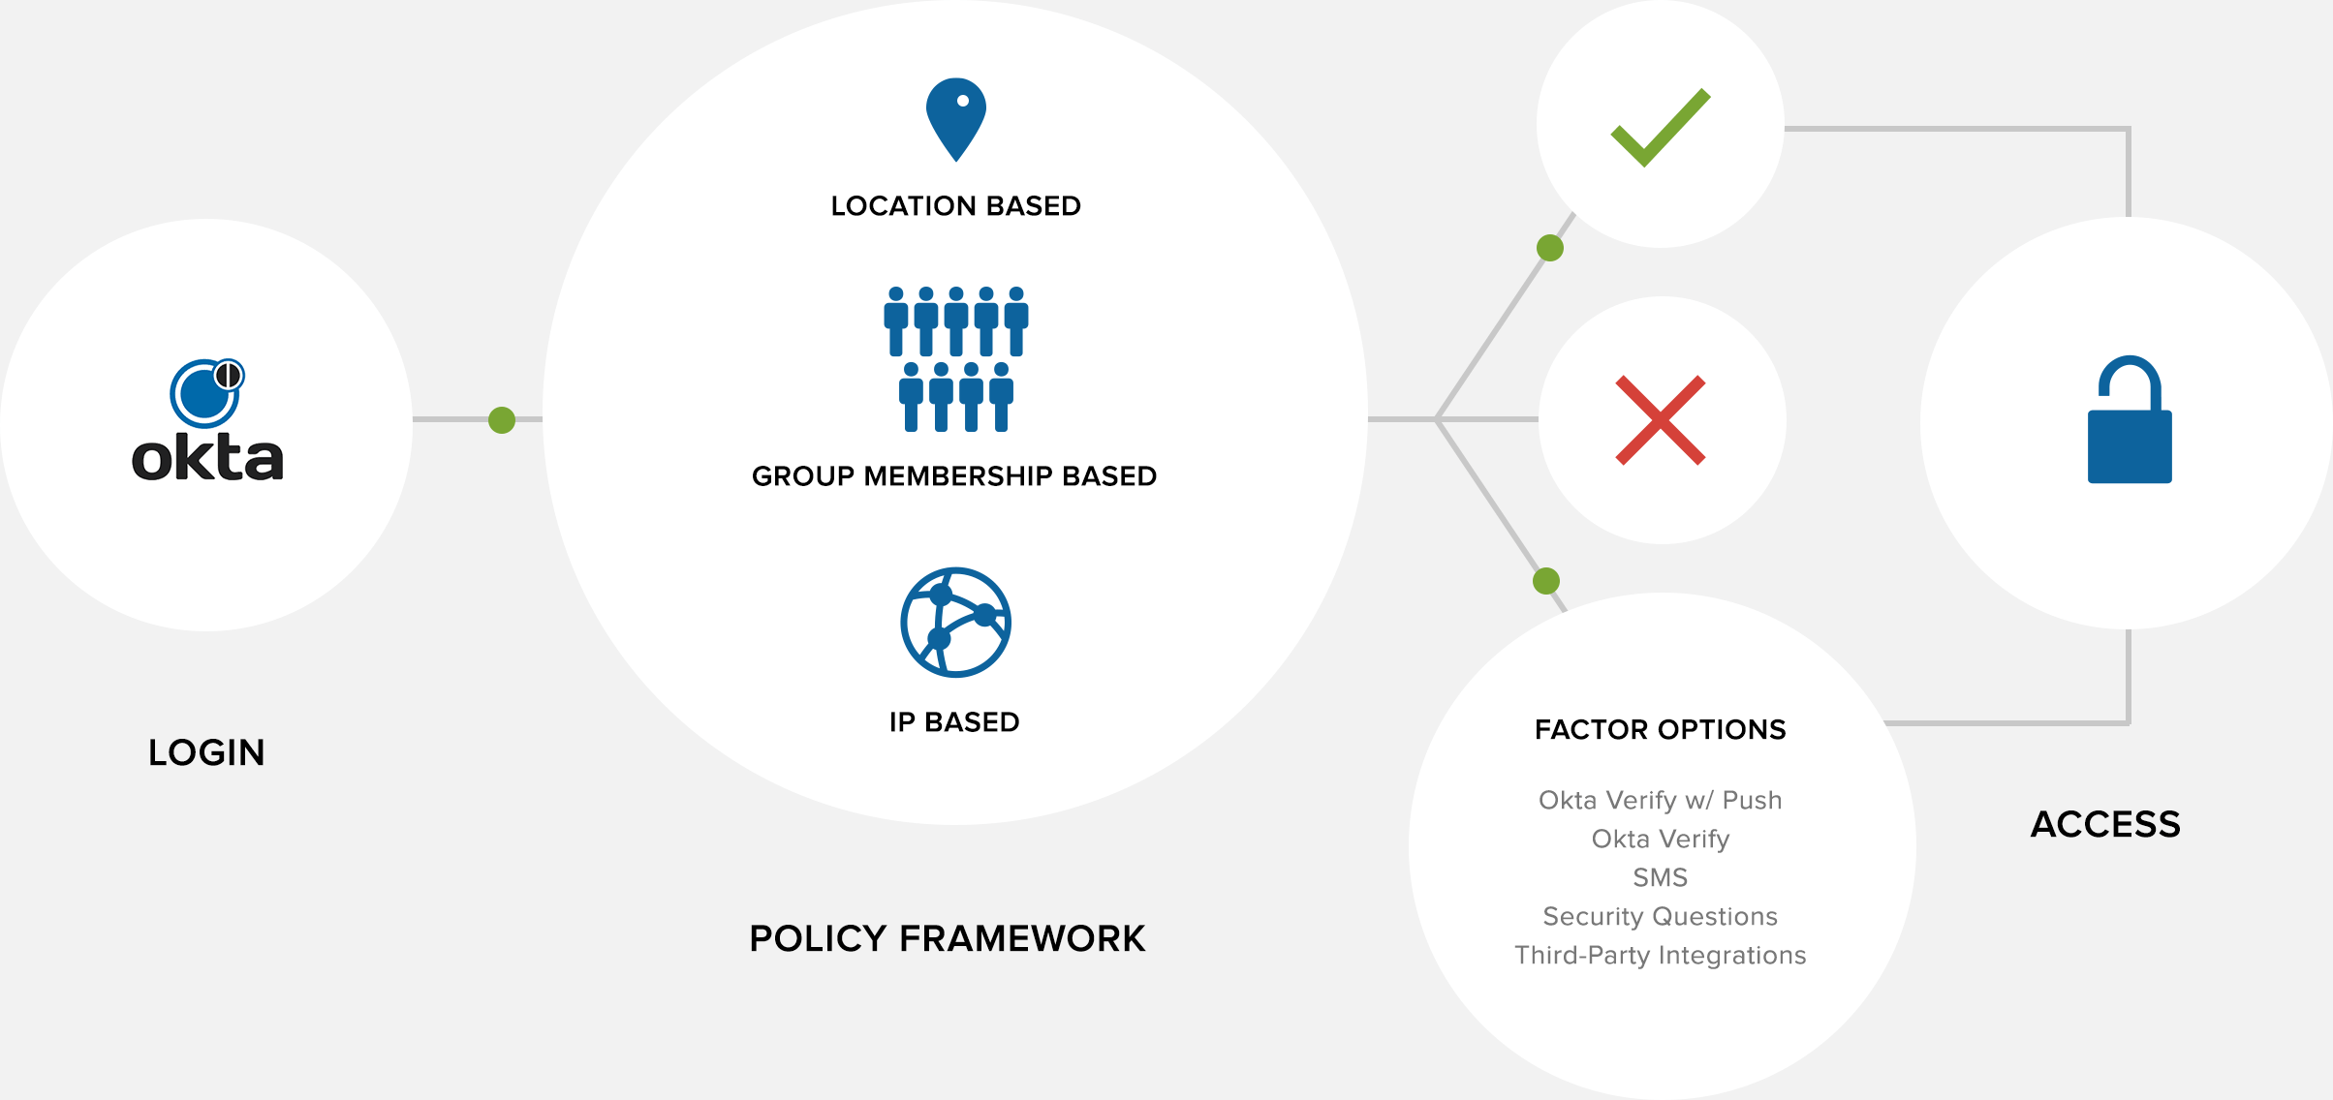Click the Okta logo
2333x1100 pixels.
point(207,422)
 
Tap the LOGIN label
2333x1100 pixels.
point(206,752)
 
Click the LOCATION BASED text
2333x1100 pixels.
point(955,206)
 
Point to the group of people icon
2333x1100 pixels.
point(956,358)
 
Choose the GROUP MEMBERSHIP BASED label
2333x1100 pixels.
point(954,476)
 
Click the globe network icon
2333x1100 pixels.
point(956,623)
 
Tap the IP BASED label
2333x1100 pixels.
point(954,722)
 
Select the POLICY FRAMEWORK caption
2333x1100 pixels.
point(948,938)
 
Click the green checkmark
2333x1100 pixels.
point(1661,127)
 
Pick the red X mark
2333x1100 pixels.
point(1661,420)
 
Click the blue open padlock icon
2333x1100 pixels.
point(2130,420)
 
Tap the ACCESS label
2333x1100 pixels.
point(2105,824)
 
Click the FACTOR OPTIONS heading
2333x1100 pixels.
point(1661,729)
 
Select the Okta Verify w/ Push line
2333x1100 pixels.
point(1661,800)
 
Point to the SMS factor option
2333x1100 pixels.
point(1661,877)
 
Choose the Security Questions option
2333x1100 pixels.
point(1661,916)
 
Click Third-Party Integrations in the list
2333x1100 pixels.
point(1661,955)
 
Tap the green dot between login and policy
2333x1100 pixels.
point(502,420)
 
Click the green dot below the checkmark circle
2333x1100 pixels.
point(1550,248)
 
